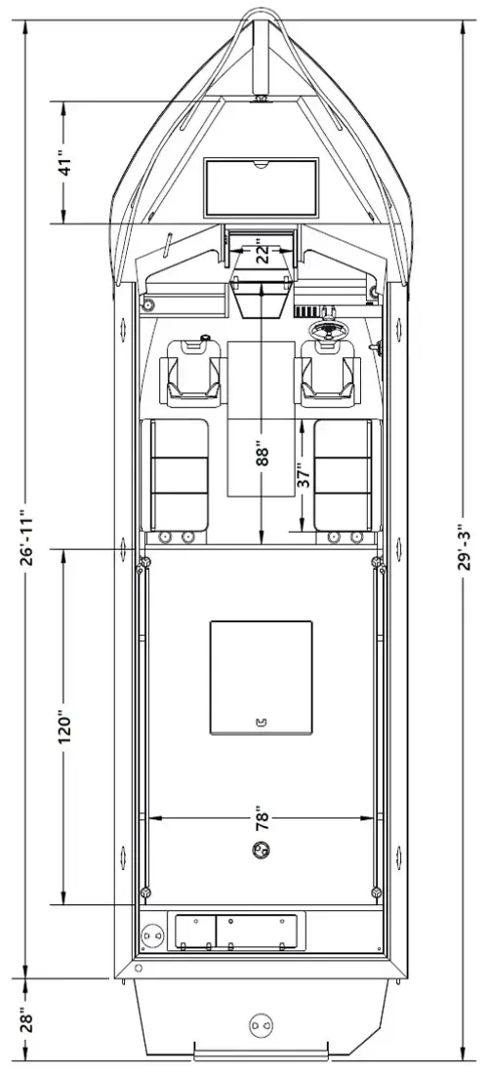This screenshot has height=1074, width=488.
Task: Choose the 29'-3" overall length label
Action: coord(466,542)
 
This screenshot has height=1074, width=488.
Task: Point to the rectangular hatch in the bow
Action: coord(262,187)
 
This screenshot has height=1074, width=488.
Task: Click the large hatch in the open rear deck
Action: coord(262,677)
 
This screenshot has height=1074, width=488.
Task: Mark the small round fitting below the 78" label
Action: coord(262,850)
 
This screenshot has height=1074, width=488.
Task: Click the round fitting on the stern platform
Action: coord(259,1024)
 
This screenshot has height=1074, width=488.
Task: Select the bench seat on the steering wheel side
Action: coord(346,475)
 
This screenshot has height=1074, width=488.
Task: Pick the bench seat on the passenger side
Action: coord(175,475)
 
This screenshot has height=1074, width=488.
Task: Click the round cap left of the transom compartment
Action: coord(151,936)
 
